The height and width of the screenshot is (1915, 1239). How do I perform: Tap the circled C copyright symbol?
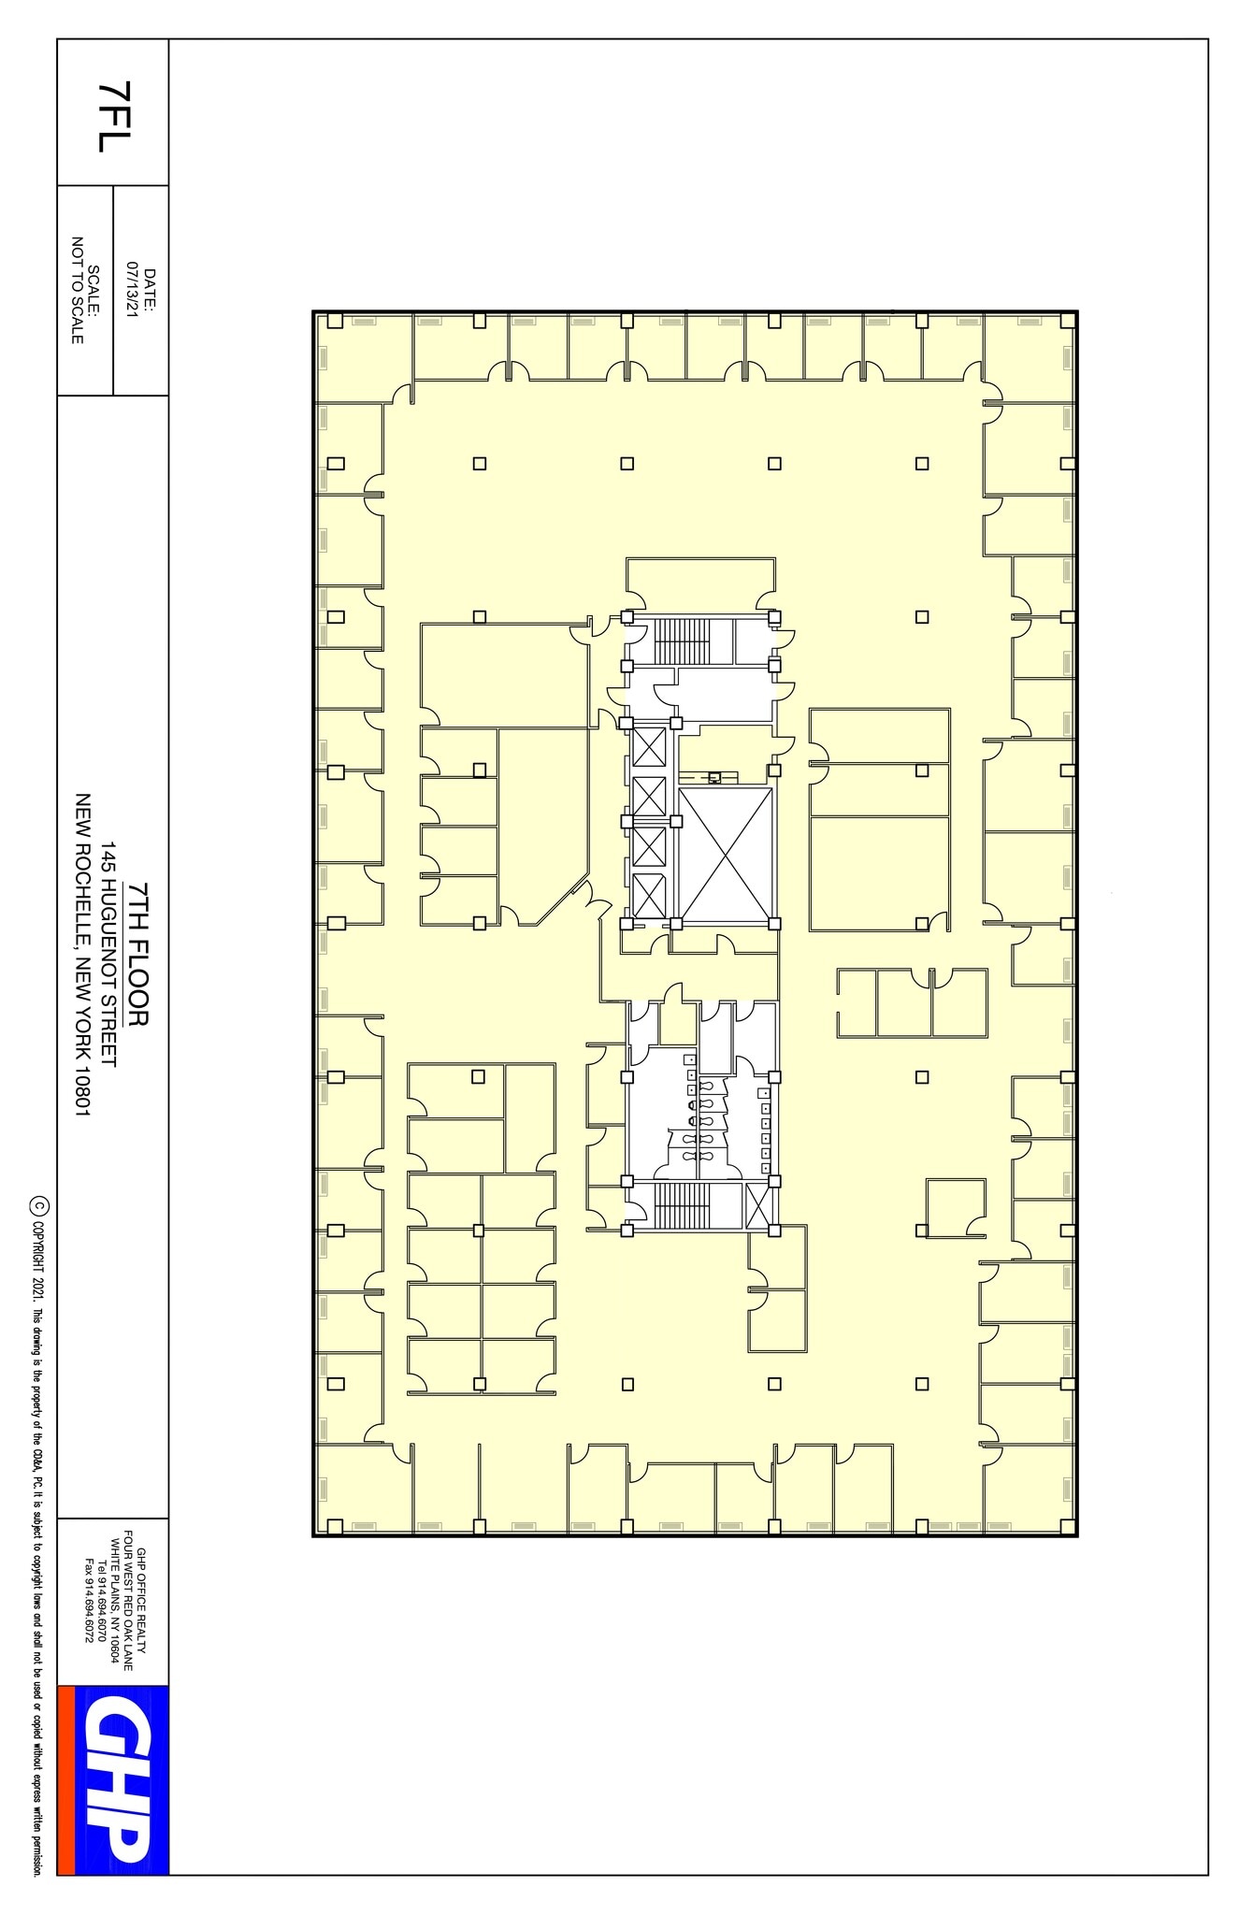38,1203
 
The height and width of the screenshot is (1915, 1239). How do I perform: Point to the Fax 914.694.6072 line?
90,1603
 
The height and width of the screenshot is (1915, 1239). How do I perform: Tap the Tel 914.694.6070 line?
103,1603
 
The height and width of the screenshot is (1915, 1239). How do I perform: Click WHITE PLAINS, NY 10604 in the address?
115,1603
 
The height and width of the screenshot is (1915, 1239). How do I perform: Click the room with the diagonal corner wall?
542,823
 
